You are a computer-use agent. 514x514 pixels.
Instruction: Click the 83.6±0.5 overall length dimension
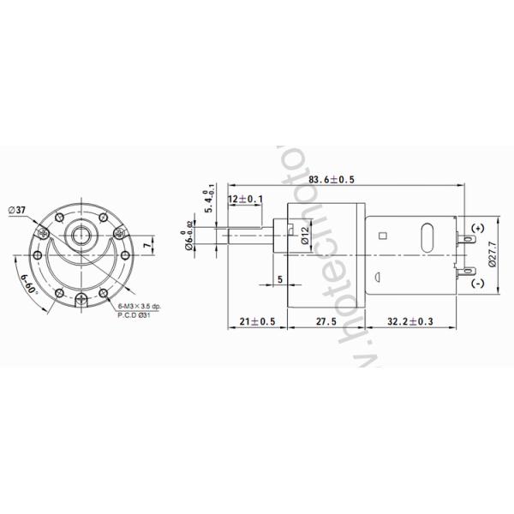click(332, 179)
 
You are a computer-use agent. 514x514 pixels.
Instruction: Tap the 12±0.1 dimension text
click(246, 200)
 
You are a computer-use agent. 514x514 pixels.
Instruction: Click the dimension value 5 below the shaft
click(280, 280)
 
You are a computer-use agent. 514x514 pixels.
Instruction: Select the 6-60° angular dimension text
click(27, 280)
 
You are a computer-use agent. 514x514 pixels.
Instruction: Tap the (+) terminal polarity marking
click(477, 227)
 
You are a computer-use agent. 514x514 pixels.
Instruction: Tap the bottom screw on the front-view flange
click(81, 299)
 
